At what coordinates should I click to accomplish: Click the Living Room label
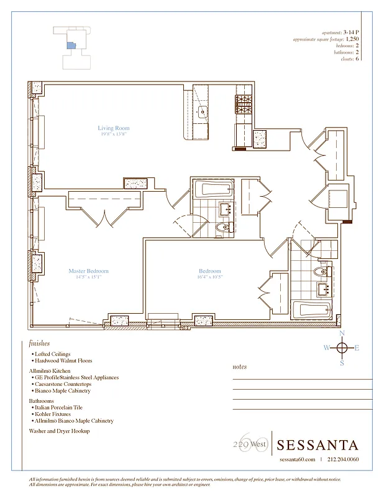[113, 128]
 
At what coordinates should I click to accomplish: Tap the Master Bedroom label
[88, 271]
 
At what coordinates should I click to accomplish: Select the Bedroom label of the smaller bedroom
[209, 271]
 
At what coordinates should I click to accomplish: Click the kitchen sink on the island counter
[202, 113]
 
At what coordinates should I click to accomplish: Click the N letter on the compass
[341, 334]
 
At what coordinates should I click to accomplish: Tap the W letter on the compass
[326, 348]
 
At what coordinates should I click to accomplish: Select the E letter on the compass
[357, 348]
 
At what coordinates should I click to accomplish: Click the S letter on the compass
[341, 363]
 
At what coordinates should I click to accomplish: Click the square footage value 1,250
[352, 39]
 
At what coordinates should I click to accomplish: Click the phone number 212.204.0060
[342, 460]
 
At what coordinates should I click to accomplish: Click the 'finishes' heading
[39, 343]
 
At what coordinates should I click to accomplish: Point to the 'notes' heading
[239, 367]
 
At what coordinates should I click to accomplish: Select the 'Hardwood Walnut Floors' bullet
[64, 360]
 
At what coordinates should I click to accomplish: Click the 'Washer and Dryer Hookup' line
[60, 431]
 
